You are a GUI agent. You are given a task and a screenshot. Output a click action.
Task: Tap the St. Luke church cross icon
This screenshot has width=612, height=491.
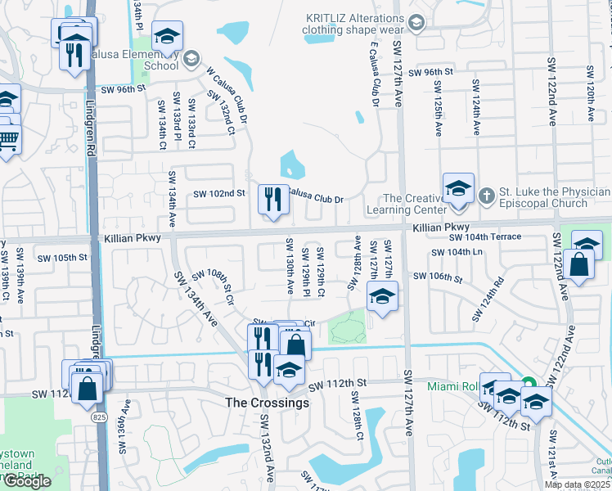(487, 195)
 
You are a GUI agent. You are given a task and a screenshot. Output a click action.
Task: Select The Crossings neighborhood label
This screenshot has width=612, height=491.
(268, 403)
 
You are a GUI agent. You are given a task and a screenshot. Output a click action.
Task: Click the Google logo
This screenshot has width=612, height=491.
(27, 481)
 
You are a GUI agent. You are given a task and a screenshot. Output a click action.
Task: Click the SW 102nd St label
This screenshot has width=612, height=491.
(218, 194)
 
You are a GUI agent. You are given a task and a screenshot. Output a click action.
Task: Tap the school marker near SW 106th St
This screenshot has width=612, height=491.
(381, 297)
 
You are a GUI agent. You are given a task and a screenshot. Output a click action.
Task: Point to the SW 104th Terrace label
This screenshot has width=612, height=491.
(485, 236)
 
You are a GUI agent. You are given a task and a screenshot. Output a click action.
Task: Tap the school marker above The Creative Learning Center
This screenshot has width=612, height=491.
(458, 188)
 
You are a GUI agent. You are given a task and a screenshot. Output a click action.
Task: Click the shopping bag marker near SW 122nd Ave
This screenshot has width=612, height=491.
(578, 264)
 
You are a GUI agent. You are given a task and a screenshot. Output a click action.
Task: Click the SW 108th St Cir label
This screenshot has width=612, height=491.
(214, 288)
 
